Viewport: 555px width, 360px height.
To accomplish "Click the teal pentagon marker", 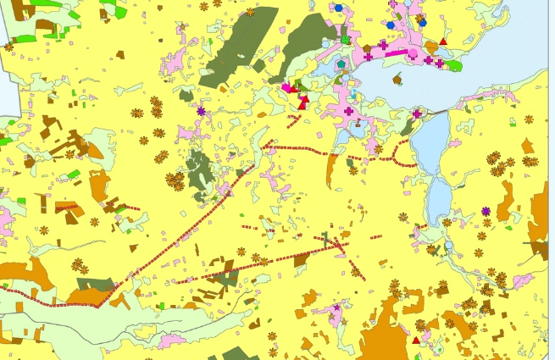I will click(x=341, y=64).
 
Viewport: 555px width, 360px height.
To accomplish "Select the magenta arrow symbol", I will click(x=287, y=86).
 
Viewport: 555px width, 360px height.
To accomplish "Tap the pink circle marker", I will click(x=413, y=54).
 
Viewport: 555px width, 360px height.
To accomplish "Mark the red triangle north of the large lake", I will click(x=443, y=41).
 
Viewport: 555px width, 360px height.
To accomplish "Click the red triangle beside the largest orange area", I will click(x=416, y=340).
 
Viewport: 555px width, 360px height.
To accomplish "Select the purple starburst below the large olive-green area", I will click(x=201, y=111).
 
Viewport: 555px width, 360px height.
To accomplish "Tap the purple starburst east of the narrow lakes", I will click(x=486, y=211).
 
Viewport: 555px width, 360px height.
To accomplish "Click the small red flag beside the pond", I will click(x=302, y=103).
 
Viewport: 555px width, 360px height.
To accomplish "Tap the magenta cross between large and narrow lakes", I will click(x=417, y=114).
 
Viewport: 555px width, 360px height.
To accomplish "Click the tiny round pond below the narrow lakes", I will click(x=448, y=246).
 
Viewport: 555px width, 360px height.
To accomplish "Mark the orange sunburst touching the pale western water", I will click(x=9, y=47).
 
